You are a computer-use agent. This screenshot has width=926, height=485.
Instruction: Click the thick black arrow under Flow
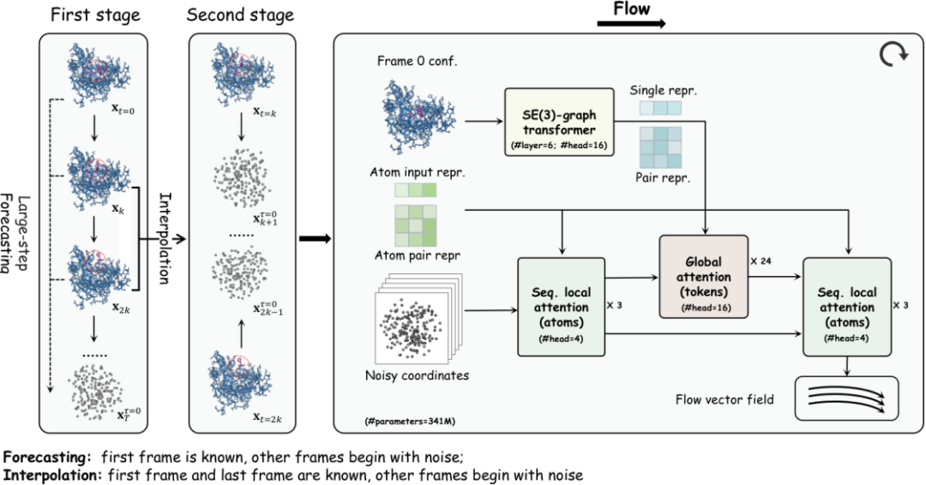631,26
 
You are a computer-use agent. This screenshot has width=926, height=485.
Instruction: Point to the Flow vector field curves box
845,398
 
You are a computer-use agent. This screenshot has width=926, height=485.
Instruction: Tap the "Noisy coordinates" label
416,375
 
